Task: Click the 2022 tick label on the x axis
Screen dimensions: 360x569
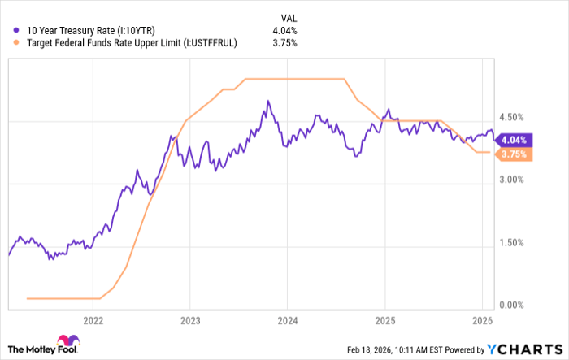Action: point(93,320)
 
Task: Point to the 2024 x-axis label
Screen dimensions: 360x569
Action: point(288,320)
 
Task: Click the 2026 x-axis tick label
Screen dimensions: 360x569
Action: point(482,320)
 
